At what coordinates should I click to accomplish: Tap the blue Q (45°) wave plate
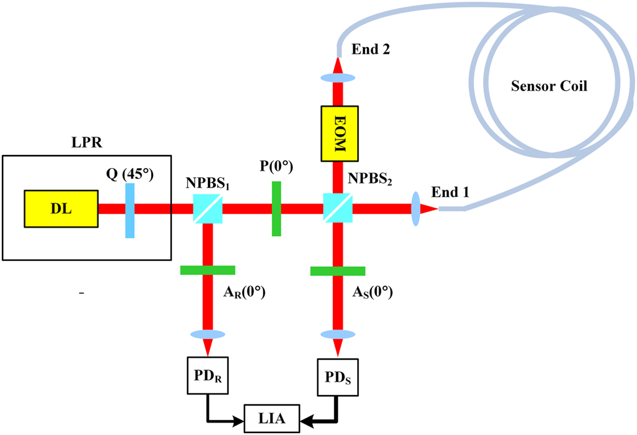(x=129, y=211)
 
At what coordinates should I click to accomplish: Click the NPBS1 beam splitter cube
(x=208, y=209)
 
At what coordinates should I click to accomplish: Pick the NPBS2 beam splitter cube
(x=337, y=209)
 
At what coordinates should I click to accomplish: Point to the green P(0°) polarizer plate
(x=277, y=209)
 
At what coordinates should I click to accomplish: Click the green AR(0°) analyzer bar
(x=208, y=270)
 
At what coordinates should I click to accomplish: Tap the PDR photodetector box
(x=208, y=377)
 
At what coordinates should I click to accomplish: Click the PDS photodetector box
(x=337, y=377)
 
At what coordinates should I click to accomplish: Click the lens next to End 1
(x=416, y=209)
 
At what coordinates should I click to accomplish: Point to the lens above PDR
(x=208, y=334)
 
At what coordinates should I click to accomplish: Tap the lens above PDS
(x=337, y=334)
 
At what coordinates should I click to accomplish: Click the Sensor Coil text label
(x=549, y=86)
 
